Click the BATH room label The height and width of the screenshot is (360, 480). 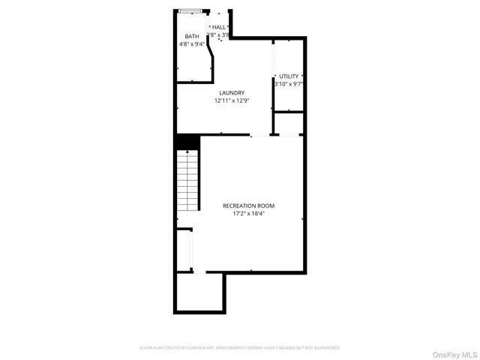point(192,36)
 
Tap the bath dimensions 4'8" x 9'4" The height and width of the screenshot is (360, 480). point(192,44)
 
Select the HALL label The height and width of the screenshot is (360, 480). point(218,27)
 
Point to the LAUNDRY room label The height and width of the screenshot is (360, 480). point(231,92)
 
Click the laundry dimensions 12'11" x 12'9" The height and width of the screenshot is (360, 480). point(231,100)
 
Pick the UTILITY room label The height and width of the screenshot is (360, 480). point(289,76)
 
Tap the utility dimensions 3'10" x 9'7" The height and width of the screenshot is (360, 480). point(289,84)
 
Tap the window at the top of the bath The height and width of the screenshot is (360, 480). point(190,11)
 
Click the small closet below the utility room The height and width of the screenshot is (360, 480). point(288,123)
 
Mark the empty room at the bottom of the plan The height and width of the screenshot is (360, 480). point(199,292)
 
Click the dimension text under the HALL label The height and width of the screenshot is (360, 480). point(219,35)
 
